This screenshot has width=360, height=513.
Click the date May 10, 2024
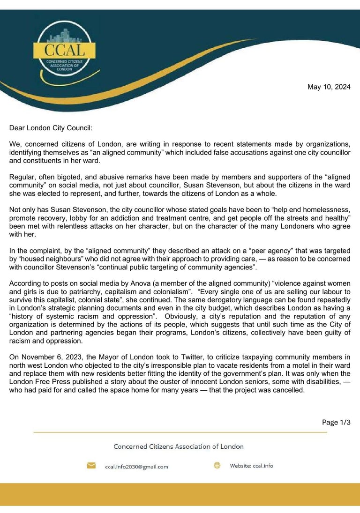329,87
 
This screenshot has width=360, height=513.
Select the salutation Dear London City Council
54,127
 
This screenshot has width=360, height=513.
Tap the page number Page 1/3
336,422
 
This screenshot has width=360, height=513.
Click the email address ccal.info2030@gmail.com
136,467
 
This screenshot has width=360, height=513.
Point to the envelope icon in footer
91,466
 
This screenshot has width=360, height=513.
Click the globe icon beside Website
217,466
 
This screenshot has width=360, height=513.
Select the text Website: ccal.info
251,466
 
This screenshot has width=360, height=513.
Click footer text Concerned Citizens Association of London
179,446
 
